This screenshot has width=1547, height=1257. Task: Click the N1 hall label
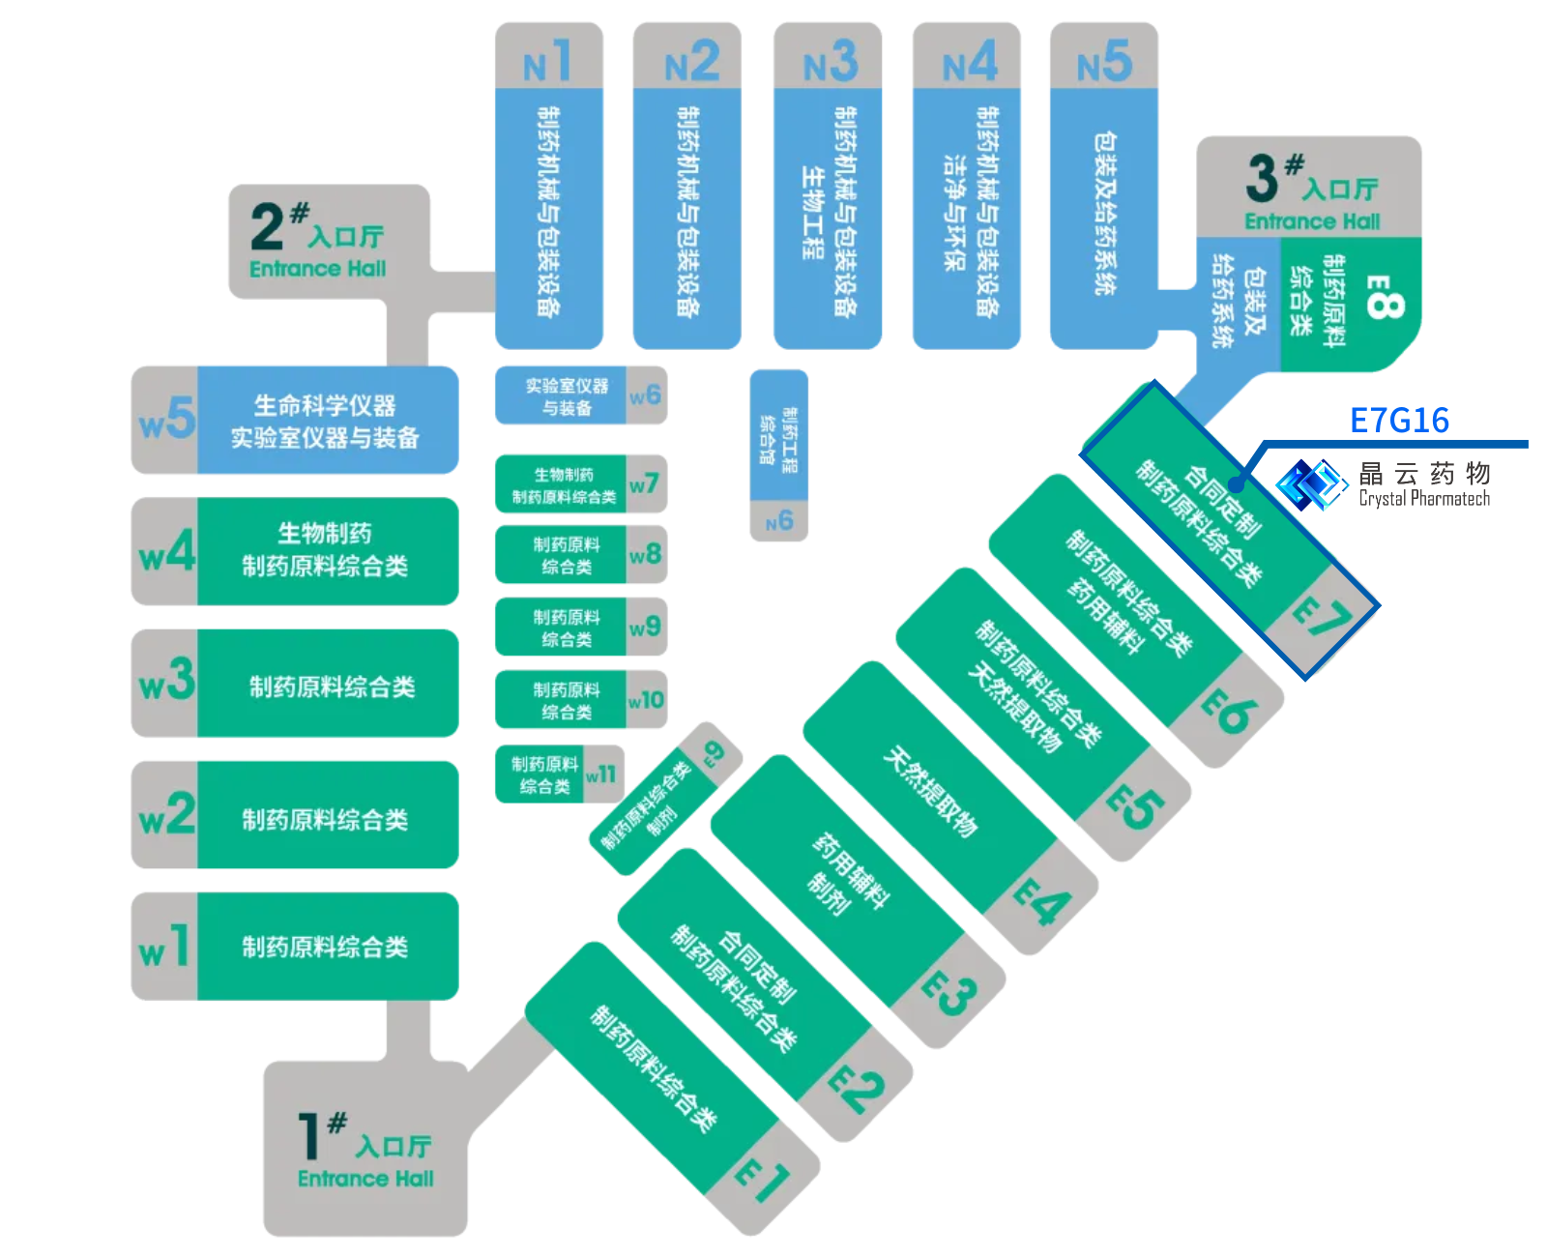547,62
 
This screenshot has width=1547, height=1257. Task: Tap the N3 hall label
830,62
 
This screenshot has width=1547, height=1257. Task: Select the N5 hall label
1104,62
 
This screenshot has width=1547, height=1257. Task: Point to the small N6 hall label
779,522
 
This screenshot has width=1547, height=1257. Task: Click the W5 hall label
167,420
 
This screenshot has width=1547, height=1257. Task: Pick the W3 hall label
167,682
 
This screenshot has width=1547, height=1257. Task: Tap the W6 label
645,395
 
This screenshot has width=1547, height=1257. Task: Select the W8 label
645,554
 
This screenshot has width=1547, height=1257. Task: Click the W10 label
645,699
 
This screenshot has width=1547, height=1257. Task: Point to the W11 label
600,774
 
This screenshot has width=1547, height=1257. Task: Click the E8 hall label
1383,297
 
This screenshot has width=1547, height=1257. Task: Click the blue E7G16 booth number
1399,421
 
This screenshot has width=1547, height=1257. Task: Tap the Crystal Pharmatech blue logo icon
1311,483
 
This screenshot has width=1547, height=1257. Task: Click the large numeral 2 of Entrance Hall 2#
267,226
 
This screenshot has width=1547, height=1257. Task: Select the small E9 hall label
713,752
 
